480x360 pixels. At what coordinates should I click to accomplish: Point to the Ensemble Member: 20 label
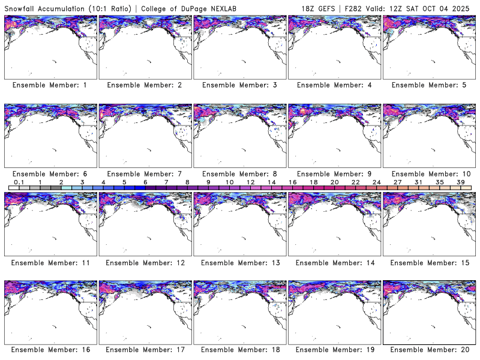click(x=428, y=350)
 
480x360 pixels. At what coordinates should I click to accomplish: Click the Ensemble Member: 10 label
click(x=428, y=173)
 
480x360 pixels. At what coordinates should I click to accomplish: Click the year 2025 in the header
click(x=464, y=8)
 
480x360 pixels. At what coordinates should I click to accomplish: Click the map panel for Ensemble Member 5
click(x=428, y=47)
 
